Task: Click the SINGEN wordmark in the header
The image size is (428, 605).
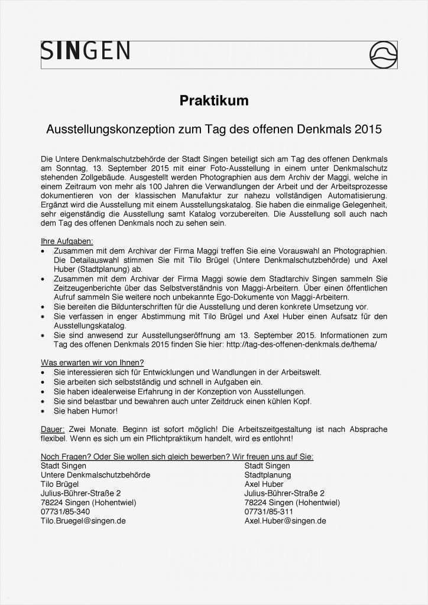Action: [85, 51]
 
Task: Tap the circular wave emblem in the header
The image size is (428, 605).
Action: [383, 55]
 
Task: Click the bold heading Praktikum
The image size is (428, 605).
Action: [214, 101]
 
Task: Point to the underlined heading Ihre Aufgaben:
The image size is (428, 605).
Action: [67, 241]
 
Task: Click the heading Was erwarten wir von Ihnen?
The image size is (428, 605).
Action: [92, 362]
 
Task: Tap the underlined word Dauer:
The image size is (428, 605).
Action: [53, 430]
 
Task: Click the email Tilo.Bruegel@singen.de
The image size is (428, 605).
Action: [83, 521]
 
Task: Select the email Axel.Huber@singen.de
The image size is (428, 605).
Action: [285, 521]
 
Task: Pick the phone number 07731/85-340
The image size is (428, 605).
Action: [65, 512]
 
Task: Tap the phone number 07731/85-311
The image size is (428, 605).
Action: [269, 512]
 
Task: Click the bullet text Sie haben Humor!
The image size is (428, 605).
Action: [86, 411]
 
